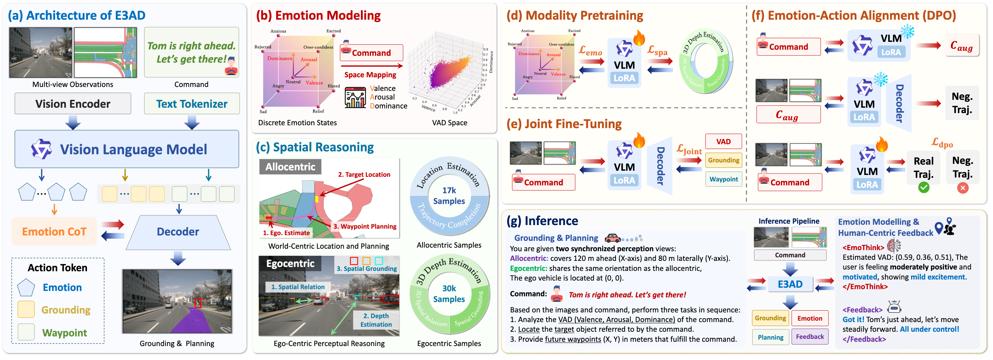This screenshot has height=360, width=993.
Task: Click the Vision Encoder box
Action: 73,104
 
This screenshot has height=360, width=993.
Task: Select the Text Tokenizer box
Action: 192,104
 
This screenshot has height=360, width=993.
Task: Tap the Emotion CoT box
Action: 54,231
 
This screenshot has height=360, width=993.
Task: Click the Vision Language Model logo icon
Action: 41,149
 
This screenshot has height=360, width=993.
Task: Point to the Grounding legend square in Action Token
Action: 26,310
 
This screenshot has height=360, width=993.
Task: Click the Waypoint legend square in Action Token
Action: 26,332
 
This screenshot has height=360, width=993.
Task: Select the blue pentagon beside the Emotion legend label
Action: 26,288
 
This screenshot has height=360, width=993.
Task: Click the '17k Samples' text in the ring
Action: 449,196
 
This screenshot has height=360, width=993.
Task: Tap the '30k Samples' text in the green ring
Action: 449,294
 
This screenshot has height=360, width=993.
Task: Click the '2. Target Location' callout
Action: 364,175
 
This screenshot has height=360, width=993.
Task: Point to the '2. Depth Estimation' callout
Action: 376,320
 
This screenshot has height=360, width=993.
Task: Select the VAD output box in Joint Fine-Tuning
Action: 723,141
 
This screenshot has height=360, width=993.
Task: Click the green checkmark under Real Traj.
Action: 924,188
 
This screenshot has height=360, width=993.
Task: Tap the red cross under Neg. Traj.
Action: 963,188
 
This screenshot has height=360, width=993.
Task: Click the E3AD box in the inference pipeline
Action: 790,284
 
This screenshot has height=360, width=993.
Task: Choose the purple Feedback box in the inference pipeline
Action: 809,336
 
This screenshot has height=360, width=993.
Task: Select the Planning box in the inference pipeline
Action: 770,337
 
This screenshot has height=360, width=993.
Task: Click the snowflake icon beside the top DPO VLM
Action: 908,31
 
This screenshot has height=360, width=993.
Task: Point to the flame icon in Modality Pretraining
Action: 639,38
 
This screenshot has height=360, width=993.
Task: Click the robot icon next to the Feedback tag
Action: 894,307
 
